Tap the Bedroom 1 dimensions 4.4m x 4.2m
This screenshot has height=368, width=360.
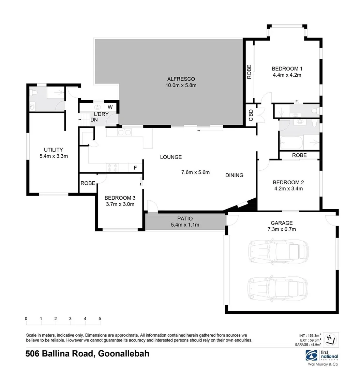286,75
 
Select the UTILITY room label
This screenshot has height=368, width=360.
53,150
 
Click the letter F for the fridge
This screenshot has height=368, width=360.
135,168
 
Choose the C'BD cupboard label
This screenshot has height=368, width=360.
251,114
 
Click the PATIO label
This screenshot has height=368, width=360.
185,218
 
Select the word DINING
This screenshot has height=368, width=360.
234,175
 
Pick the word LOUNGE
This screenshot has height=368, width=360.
171,157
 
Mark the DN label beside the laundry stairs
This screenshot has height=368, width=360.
94,120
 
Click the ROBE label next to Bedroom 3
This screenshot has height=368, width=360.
88,183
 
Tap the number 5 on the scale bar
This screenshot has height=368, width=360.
100,318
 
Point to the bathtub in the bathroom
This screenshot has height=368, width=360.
291,142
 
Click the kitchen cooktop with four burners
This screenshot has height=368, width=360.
112,168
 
